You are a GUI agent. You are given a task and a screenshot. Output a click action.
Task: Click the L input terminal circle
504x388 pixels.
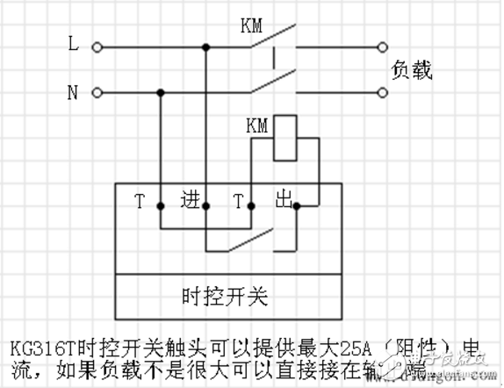click(97, 47)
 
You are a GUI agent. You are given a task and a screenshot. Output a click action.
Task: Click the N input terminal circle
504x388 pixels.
click(97, 91)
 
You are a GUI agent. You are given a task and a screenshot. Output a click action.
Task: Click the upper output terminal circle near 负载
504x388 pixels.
click(383, 47)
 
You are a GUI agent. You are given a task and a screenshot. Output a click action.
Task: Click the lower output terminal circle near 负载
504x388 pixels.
click(383, 91)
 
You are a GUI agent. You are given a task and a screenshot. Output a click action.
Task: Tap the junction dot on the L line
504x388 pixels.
click(205, 47)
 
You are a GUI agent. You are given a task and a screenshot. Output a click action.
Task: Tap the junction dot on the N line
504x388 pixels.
click(161, 91)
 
